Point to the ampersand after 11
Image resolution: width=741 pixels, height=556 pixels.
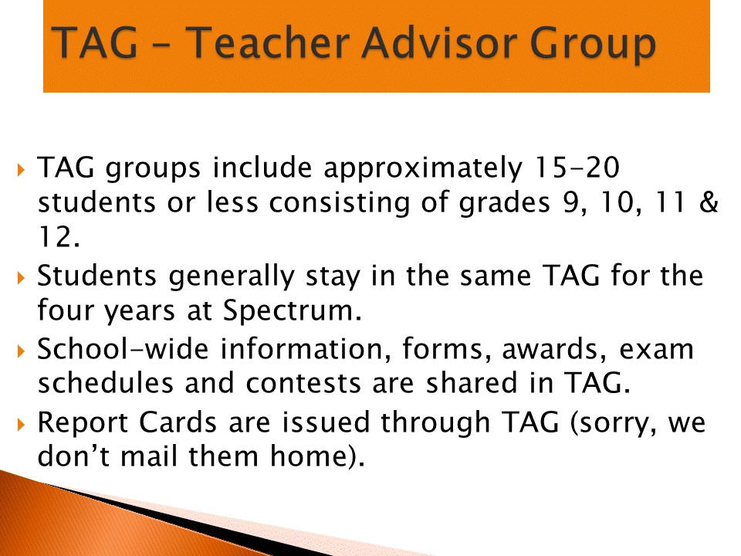(709, 202)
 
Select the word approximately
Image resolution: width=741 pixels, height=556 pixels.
(423, 169)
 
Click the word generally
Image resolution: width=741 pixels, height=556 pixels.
(232, 277)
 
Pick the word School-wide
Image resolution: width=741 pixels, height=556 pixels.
(123, 349)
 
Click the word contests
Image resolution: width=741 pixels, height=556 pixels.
(303, 383)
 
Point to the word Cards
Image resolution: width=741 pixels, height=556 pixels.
(178, 422)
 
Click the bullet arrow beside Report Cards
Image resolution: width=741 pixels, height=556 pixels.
(20, 424)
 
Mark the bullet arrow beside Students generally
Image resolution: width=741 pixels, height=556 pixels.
(20, 277)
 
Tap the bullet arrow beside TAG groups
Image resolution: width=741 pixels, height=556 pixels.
(20, 169)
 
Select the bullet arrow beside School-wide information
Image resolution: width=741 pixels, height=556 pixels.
(20, 351)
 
